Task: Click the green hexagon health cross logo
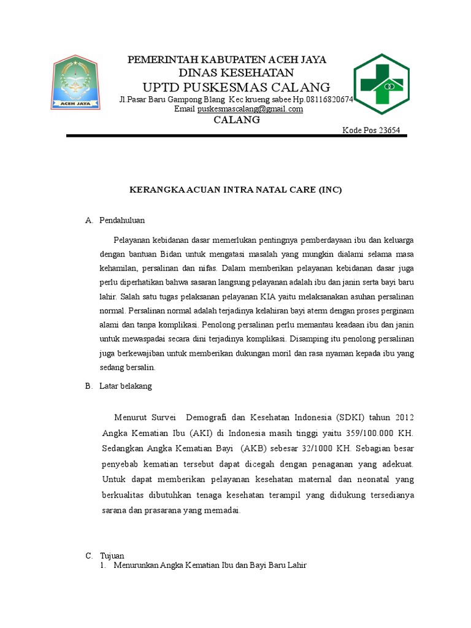point(381,84)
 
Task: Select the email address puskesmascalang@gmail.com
point(250,109)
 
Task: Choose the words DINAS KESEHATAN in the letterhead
point(228,73)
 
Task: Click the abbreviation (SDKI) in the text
point(350,418)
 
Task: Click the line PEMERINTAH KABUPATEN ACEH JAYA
point(227,59)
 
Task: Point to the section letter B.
point(88,386)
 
